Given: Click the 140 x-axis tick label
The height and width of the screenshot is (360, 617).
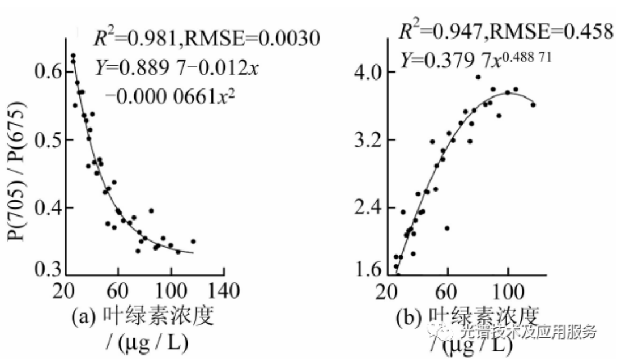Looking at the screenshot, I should (x=223, y=291).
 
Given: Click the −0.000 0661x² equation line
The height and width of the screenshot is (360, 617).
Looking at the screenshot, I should (x=170, y=96).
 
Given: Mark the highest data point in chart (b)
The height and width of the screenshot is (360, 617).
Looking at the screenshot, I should (x=478, y=77).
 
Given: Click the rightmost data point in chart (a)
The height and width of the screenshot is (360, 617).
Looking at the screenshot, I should (x=193, y=242).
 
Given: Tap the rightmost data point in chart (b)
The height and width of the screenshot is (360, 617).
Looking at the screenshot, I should (x=533, y=105).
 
